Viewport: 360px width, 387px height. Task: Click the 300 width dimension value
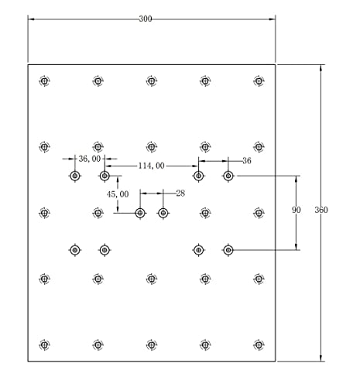coord(146,19)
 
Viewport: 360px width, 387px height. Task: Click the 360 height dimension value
coord(321,210)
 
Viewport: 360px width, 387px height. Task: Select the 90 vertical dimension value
coord(297,210)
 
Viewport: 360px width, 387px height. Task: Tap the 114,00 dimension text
coord(152,166)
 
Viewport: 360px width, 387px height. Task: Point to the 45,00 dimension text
coord(118,194)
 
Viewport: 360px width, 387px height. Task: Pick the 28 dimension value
coord(180,193)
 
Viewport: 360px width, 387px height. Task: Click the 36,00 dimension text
coord(90,159)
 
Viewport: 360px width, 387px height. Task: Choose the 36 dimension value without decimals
coord(247,161)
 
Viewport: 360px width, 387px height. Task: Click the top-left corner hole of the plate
coord(44,81)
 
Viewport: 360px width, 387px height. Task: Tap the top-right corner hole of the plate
coord(259,81)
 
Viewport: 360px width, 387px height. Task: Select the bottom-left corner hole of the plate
coord(44,344)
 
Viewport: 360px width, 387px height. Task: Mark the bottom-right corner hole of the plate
coord(259,344)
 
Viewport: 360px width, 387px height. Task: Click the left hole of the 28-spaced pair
coord(140,213)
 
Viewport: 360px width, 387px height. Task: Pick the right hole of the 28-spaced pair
coord(163,213)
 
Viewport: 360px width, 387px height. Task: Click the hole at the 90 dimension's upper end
coord(228,176)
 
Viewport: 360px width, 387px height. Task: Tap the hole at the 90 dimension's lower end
coord(228,250)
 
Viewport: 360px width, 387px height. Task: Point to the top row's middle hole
coord(152,81)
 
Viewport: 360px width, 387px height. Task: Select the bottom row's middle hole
coord(152,344)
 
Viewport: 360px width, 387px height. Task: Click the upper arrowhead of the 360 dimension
coord(321,67)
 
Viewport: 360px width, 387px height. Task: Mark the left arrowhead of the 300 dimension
coord(31,19)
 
